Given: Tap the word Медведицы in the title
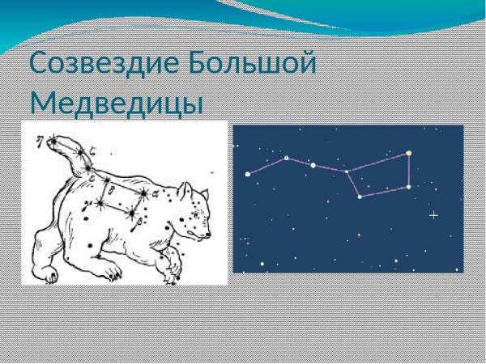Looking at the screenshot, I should (117, 104).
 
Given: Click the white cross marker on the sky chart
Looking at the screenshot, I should (433, 215).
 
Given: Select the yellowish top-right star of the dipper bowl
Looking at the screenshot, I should (409, 152).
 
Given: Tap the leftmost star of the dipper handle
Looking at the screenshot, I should (248, 174).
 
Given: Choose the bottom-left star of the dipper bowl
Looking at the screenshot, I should (360, 197).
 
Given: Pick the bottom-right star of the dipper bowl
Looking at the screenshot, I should (408, 187).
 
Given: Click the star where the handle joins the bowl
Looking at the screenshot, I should (347, 171).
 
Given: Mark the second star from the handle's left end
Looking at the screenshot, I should (285, 158).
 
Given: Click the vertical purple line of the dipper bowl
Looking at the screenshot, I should (409, 170).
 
